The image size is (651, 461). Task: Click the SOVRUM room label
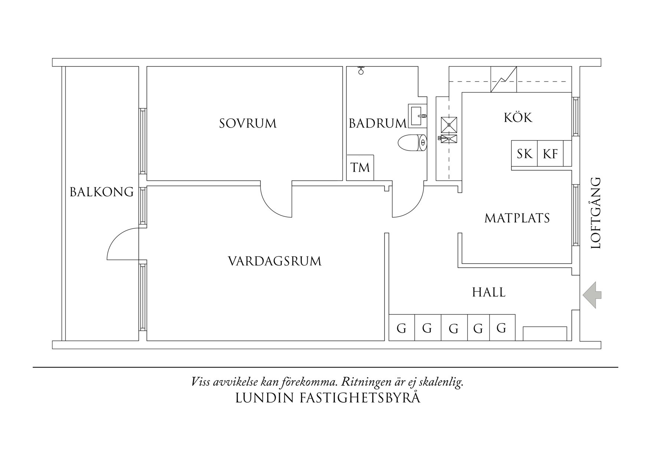pyautogui.click(x=248, y=123)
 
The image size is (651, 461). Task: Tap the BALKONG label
pyautogui.click(x=102, y=192)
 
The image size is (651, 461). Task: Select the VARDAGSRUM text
pyautogui.click(x=275, y=261)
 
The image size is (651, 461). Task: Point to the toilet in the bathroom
pyautogui.click(x=412, y=143)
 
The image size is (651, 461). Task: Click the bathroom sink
pyautogui.click(x=418, y=116)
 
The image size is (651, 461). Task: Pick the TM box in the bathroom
pyautogui.click(x=360, y=168)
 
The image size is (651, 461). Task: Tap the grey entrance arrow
pyautogui.click(x=592, y=295)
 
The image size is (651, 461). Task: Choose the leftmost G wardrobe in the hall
pyautogui.click(x=401, y=328)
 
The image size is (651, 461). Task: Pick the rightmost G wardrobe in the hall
pyautogui.click(x=502, y=328)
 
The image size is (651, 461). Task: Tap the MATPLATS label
pyautogui.click(x=517, y=218)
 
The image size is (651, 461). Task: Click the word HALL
pyautogui.click(x=489, y=293)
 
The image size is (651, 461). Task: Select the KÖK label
pyautogui.click(x=518, y=118)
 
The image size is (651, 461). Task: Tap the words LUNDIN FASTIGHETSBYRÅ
pyautogui.click(x=328, y=398)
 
